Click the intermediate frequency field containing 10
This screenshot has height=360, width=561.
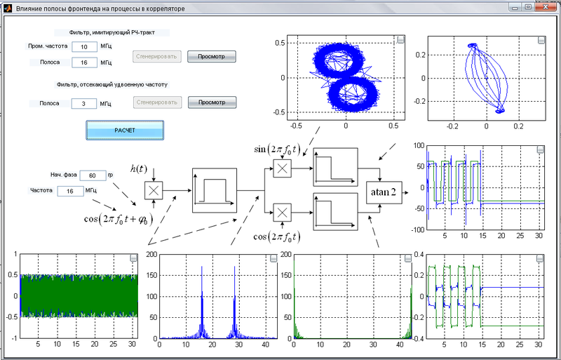[84, 47]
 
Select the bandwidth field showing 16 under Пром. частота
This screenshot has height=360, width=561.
[84, 62]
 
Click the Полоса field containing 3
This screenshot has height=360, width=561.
[84, 103]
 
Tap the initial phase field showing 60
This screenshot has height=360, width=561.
[92, 175]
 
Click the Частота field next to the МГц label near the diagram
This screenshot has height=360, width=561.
[70, 190]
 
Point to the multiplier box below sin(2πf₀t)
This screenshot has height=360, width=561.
[283, 168]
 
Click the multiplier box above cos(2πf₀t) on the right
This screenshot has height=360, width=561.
[283, 211]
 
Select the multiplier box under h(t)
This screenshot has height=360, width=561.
[154, 190]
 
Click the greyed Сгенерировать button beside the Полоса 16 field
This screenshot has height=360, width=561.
[156, 55]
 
